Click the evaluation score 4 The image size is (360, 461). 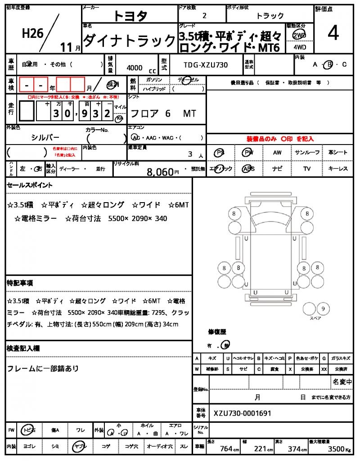pos(333,33)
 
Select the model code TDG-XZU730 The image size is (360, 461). pos(206,65)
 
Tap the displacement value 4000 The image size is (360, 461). pos(135,68)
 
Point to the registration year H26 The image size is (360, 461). pos(33,33)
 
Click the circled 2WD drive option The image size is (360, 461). pos(299,35)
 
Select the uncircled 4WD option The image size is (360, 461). pos(299,46)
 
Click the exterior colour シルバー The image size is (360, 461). pos(45,137)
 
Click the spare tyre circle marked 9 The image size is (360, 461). pos(322,309)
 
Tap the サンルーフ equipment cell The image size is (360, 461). pos(308,153)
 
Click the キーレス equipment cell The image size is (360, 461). pos(338,169)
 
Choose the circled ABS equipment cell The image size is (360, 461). pos(248,169)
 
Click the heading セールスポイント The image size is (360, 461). pos(29,185)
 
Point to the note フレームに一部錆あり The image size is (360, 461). pos(43,369)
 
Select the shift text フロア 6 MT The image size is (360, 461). pos(162,113)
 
